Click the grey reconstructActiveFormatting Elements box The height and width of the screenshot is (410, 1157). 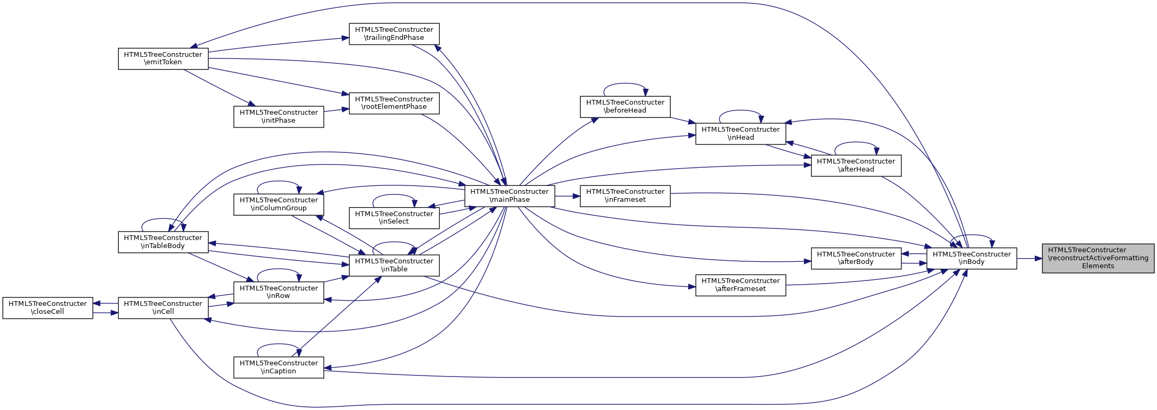1097,258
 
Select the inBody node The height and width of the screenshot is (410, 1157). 972,258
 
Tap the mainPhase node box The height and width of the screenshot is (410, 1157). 510,196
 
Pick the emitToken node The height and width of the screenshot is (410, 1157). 163,58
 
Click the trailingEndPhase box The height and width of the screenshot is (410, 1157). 394,34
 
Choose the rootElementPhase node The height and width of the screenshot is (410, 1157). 394,103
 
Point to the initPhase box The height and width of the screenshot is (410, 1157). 278,117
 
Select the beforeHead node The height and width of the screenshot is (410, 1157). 625,107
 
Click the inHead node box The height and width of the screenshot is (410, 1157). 740,134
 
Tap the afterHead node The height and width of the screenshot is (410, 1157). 856,166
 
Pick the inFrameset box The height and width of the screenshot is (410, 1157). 625,196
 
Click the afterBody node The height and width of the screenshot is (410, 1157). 856,258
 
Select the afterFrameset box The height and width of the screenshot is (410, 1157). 740,285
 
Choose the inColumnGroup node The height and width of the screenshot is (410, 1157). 278,204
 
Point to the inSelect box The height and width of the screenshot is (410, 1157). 394,218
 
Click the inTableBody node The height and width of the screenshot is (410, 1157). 163,242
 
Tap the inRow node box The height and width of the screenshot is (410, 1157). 278,292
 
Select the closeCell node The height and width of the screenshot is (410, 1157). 48,308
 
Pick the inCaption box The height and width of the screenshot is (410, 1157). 278,368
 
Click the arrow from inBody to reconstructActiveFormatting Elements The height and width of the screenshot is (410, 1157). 1029,259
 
